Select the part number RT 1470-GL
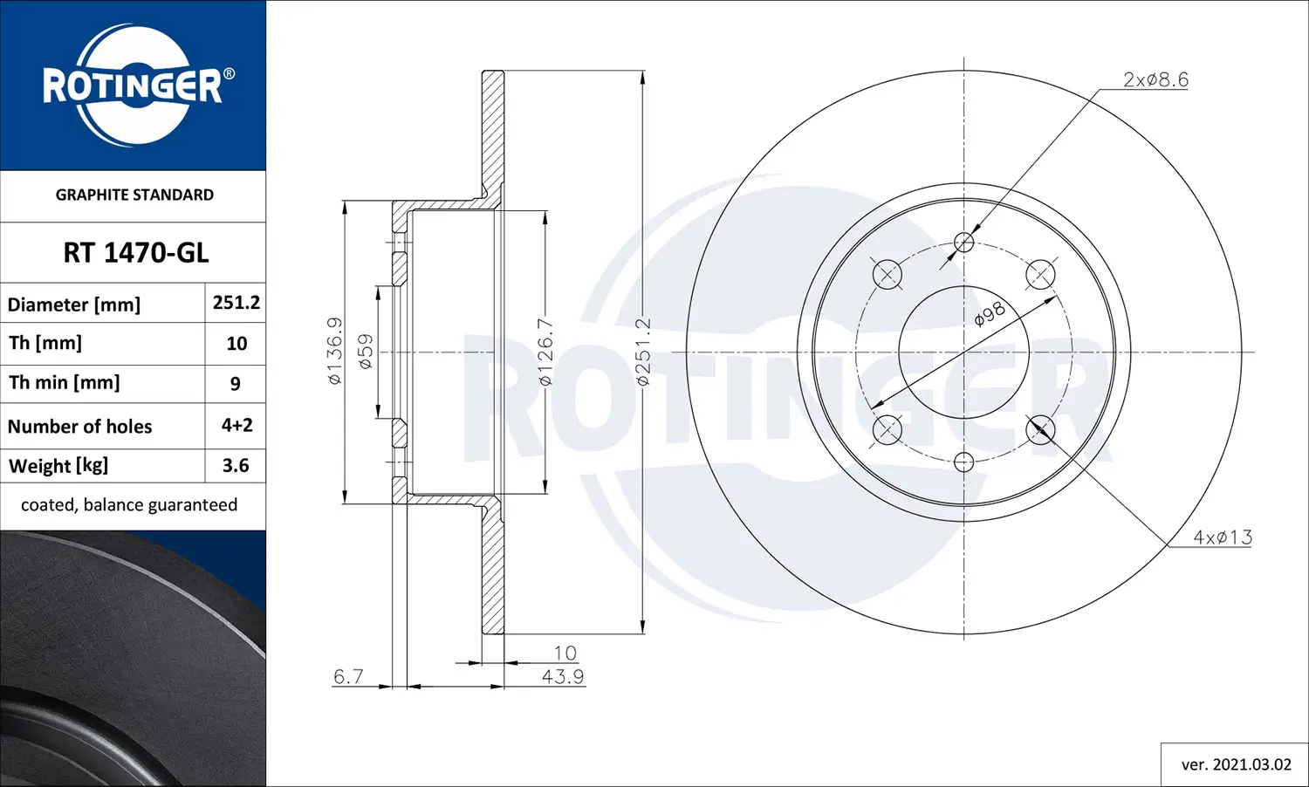(135, 253)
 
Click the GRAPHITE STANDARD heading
(134, 195)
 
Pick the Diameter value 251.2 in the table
(236, 303)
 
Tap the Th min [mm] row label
(65, 383)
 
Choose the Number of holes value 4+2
(236, 425)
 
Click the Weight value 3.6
(236, 466)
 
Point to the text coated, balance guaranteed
(129, 505)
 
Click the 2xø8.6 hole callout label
(1155, 80)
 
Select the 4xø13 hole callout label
(1222, 537)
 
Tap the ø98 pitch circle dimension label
(990, 314)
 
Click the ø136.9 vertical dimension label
(335, 352)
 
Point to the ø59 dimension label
(365, 352)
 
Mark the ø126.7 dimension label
(545, 352)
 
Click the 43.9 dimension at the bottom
(562, 677)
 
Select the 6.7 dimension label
(348, 677)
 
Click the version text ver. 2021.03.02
(1236, 764)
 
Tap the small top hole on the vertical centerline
(963, 243)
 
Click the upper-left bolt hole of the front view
(887, 275)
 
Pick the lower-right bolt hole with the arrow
(1040, 429)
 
